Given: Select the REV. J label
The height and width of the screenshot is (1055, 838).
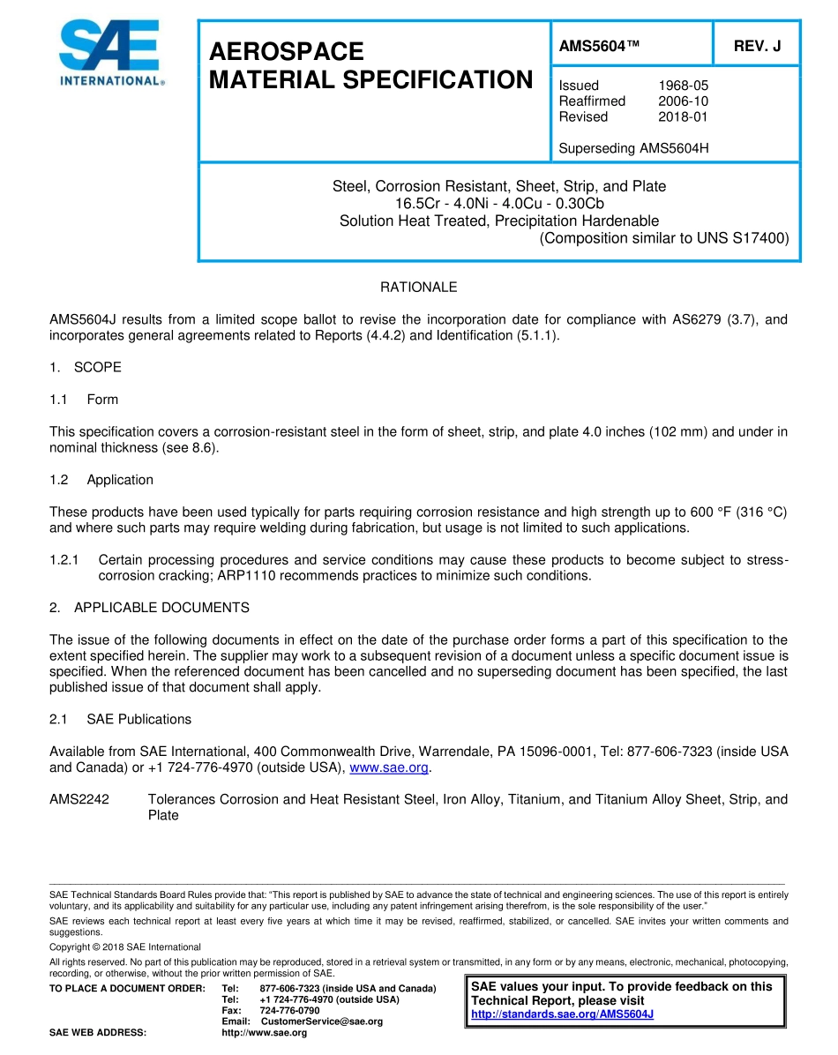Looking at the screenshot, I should (757, 47).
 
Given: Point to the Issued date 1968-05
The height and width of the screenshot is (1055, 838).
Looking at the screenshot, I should (683, 86).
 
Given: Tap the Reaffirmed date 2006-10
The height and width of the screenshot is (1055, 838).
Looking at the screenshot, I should (683, 101).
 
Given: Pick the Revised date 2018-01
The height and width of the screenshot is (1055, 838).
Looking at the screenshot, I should (683, 116).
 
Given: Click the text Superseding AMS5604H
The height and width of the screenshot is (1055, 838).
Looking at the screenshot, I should (633, 148).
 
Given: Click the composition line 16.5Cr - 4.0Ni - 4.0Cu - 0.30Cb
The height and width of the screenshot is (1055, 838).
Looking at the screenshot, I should (499, 204).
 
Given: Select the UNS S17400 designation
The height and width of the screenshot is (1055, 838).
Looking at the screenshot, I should (748, 238).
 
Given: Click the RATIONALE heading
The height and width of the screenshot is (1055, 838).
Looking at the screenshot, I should (418, 288).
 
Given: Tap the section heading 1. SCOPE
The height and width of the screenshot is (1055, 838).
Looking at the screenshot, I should (86, 367).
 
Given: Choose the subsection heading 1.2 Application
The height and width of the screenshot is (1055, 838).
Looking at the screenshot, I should (101, 480).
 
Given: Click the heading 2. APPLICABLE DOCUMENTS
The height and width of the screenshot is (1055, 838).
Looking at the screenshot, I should (149, 608).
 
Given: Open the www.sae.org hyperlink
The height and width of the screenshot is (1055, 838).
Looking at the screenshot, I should (389, 767).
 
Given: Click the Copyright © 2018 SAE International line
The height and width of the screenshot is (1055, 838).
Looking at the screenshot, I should (124, 947).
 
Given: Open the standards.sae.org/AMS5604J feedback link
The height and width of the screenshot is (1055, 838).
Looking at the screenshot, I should (562, 1014).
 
